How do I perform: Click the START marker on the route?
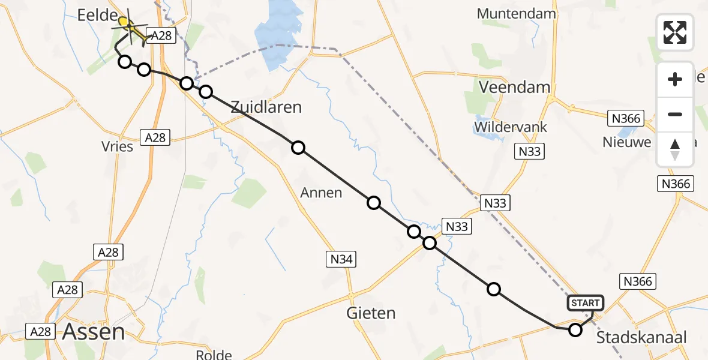click(585, 303)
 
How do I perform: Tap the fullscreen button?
click(675, 32)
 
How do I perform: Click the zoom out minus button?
click(675, 114)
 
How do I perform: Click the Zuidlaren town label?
click(266, 107)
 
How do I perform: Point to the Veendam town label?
click(514, 87)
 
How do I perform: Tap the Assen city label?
click(94, 331)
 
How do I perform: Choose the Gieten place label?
click(371, 313)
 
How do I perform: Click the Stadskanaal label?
click(641, 337)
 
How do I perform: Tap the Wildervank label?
click(504, 127)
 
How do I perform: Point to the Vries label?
click(118, 146)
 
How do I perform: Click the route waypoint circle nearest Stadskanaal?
click(575, 329)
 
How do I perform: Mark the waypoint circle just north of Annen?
click(298, 148)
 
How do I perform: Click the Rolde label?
click(214, 355)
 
